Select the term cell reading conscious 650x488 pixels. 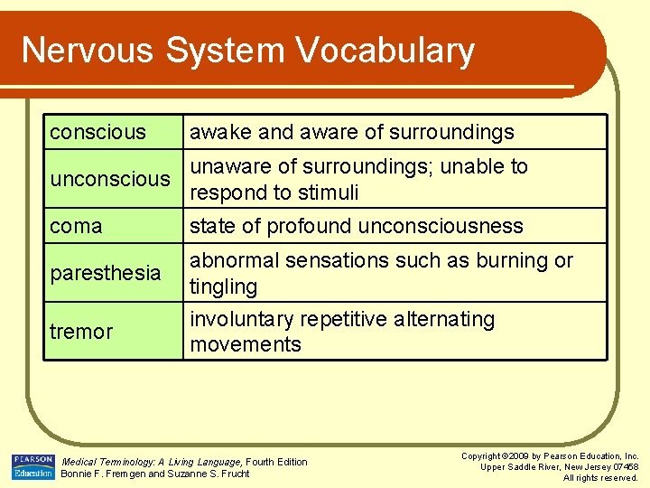coord(97,132)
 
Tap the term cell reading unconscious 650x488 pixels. coord(109,179)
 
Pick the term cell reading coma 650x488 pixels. coord(76,226)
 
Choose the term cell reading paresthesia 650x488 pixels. coord(105,273)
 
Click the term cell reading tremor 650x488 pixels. coord(81,332)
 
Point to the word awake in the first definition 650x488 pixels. coord(220,132)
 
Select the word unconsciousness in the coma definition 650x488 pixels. coord(441,226)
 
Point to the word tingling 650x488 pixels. coord(223,286)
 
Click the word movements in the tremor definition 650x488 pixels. coord(245,344)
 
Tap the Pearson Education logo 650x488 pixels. coord(33,466)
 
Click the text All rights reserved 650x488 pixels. coord(600,477)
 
